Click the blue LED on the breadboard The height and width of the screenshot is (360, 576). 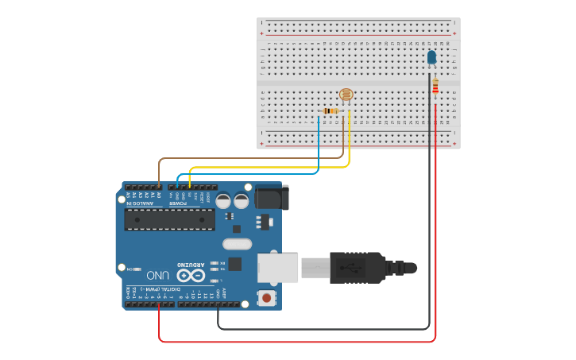pos(431,57)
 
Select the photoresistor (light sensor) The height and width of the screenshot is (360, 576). pos(346,95)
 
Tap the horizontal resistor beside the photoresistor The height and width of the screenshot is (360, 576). pos(331,110)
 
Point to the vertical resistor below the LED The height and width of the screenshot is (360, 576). pos(435,87)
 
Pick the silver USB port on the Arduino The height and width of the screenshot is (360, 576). pos(277,267)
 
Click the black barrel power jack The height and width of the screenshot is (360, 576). pos(270,197)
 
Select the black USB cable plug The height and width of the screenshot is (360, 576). pos(358,267)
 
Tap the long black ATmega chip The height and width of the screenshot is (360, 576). pos(170,219)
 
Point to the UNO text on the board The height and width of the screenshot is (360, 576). pos(157,275)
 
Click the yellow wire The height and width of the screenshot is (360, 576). pos(270,167)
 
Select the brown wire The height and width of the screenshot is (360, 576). pos(238,158)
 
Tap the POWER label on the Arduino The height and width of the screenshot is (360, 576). pos(177,203)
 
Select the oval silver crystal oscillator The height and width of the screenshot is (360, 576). pos(237,244)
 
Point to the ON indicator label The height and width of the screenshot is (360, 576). pos(131,269)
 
